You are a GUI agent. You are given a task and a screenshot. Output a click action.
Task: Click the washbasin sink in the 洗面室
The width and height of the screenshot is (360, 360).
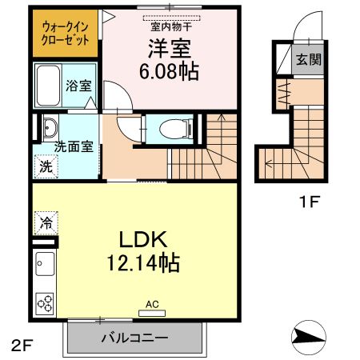tap(49, 128)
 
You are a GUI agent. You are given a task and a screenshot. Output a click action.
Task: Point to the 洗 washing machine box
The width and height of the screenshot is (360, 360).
tap(44, 167)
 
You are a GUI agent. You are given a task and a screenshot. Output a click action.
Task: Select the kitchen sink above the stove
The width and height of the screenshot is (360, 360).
tap(45, 265)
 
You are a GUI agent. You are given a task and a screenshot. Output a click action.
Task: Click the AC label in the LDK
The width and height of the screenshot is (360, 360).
tap(152, 304)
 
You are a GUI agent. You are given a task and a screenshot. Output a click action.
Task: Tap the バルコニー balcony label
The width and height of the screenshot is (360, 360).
tap(134, 338)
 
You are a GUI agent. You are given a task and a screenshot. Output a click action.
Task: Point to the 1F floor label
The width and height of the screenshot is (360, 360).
tap(309, 202)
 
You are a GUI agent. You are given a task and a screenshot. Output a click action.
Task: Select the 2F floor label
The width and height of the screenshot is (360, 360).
tap(21, 346)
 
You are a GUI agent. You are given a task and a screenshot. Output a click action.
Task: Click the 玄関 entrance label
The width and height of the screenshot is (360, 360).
tap(308, 59)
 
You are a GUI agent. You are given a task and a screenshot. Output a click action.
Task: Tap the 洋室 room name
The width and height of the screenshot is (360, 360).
tap(170, 48)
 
